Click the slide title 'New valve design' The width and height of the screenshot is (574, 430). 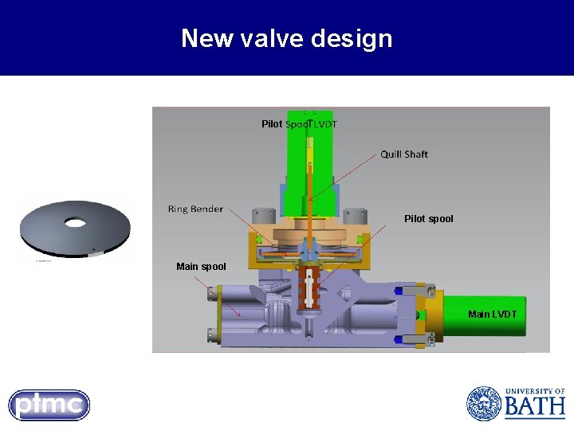[x=286, y=38]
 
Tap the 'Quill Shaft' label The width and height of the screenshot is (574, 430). [x=403, y=154]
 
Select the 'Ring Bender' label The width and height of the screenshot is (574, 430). [x=195, y=209]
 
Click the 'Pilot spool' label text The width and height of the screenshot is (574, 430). [x=428, y=219]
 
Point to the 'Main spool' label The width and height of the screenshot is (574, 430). [x=201, y=267]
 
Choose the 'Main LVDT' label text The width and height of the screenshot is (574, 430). [x=492, y=315]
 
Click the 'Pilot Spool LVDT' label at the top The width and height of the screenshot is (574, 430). [x=299, y=124]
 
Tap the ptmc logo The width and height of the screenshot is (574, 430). [x=49, y=405]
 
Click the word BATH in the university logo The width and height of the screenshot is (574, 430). [x=534, y=408]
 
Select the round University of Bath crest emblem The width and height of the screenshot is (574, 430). [x=483, y=404]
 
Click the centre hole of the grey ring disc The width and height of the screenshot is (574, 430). [x=75, y=224]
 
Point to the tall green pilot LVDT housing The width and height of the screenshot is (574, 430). [x=297, y=159]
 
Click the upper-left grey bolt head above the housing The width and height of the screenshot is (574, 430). [x=259, y=217]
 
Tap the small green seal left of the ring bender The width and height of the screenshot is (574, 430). [x=259, y=239]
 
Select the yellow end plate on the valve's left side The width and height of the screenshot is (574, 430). [x=213, y=315]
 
